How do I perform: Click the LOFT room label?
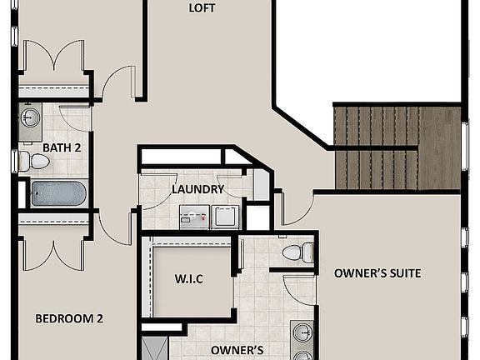click(202, 8)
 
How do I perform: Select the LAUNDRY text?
click(197, 189)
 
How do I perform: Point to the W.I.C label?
click(190, 277)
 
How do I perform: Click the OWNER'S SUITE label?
click(377, 273)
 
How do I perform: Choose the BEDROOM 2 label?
click(69, 318)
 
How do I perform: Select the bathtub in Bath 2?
click(58, 194)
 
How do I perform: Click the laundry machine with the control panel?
click(196, 217)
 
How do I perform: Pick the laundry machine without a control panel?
click(226, 216)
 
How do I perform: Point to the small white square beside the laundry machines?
click(257, 217)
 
